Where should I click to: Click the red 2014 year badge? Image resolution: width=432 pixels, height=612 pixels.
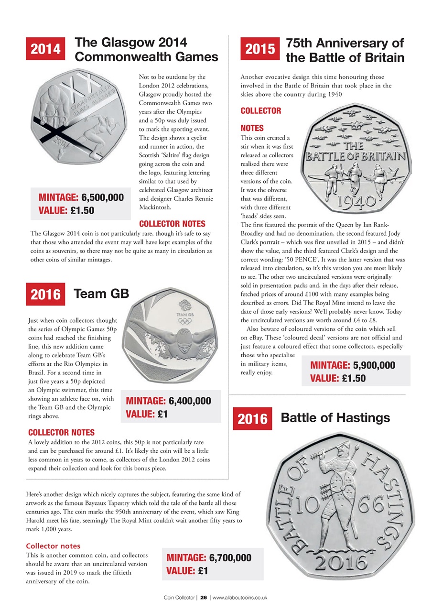click(x=46, y=49)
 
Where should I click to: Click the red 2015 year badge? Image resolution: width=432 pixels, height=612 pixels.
click(x=260, y=49)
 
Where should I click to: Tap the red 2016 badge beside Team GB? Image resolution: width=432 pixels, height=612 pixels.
click(x=46, y=294)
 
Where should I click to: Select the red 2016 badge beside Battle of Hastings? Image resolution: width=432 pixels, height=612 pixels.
click(x=252, y=419)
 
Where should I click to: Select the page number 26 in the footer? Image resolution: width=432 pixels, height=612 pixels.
click(x=203, y=598)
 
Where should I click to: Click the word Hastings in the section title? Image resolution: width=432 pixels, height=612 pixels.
click(x=363, y=418)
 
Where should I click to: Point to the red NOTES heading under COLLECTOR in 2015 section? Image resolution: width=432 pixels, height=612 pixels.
click(x=252, y=128)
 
